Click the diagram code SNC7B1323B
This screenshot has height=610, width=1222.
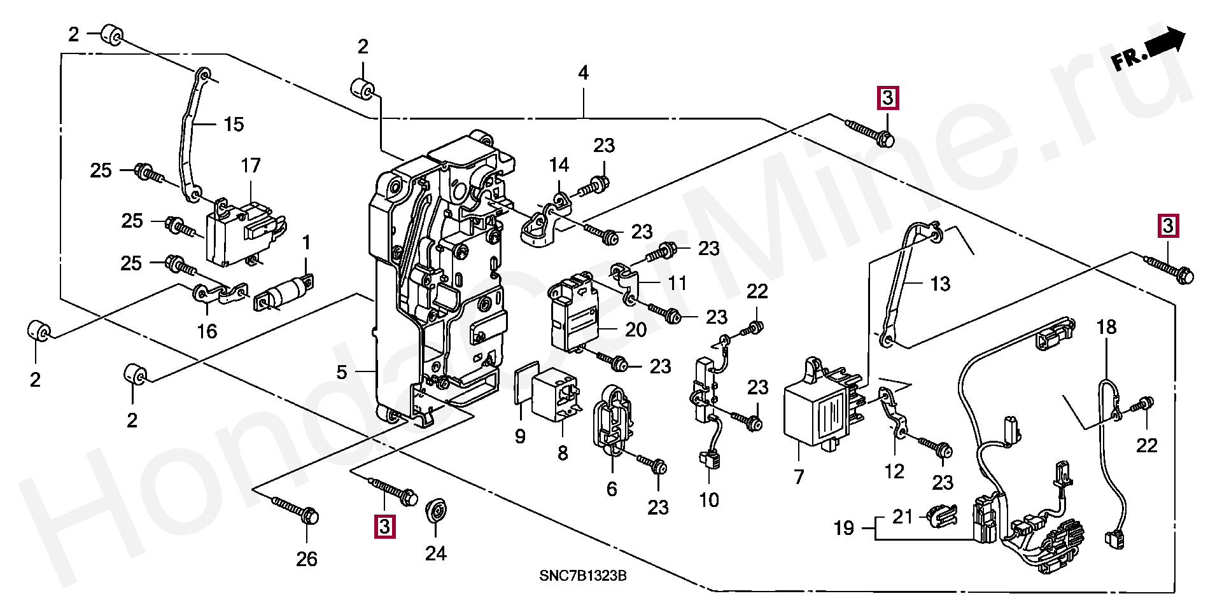pyautogui.click(x=582, y=576)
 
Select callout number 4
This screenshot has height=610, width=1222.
pyautogui.click(x=583, y=73)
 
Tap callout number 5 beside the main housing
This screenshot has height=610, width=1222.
pyautogui.click(x=342, y=372)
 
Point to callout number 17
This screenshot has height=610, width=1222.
pyautogui.click(x=251, y=166)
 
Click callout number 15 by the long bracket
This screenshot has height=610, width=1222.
pyautogui.click(x=234, y=125)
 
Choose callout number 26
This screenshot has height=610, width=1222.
pyautogui.click(x=306, y=559)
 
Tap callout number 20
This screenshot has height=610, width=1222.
pyautogui.click(x=635, y=329)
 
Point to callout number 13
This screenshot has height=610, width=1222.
pyautogui.click(x=940, y=284)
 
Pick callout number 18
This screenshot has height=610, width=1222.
pyautogui.click(x=1106, y=328)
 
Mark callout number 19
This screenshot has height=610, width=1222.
pyautogui.click(x=844, y=528)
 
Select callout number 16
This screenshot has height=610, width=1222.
pyautogui.click(x=207, y=331)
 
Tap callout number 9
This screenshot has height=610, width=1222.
pyautogui.click(x=520, y=436)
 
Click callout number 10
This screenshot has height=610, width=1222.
pyautogui.click(x=709, y=500)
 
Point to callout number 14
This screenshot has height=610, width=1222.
pyautogui.click(x=559, y=165)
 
